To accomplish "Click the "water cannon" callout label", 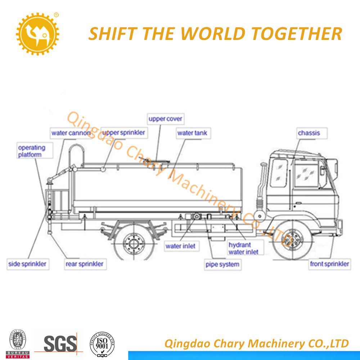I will (71, 133).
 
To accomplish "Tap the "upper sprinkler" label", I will (123, 133).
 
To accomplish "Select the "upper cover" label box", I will (166, 119).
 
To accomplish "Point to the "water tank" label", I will (192, 133).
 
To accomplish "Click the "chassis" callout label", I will (309, 133).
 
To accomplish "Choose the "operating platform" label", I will (32, 151).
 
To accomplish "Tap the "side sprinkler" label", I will (27, 264).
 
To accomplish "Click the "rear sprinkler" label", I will (84, 264).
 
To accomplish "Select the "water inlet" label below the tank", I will (180, 246).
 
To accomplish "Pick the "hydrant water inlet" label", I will (243, 248).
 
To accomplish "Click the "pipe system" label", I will (222, 265).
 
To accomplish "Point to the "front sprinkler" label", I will (329, 264).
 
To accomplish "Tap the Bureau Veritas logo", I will (18, 343).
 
